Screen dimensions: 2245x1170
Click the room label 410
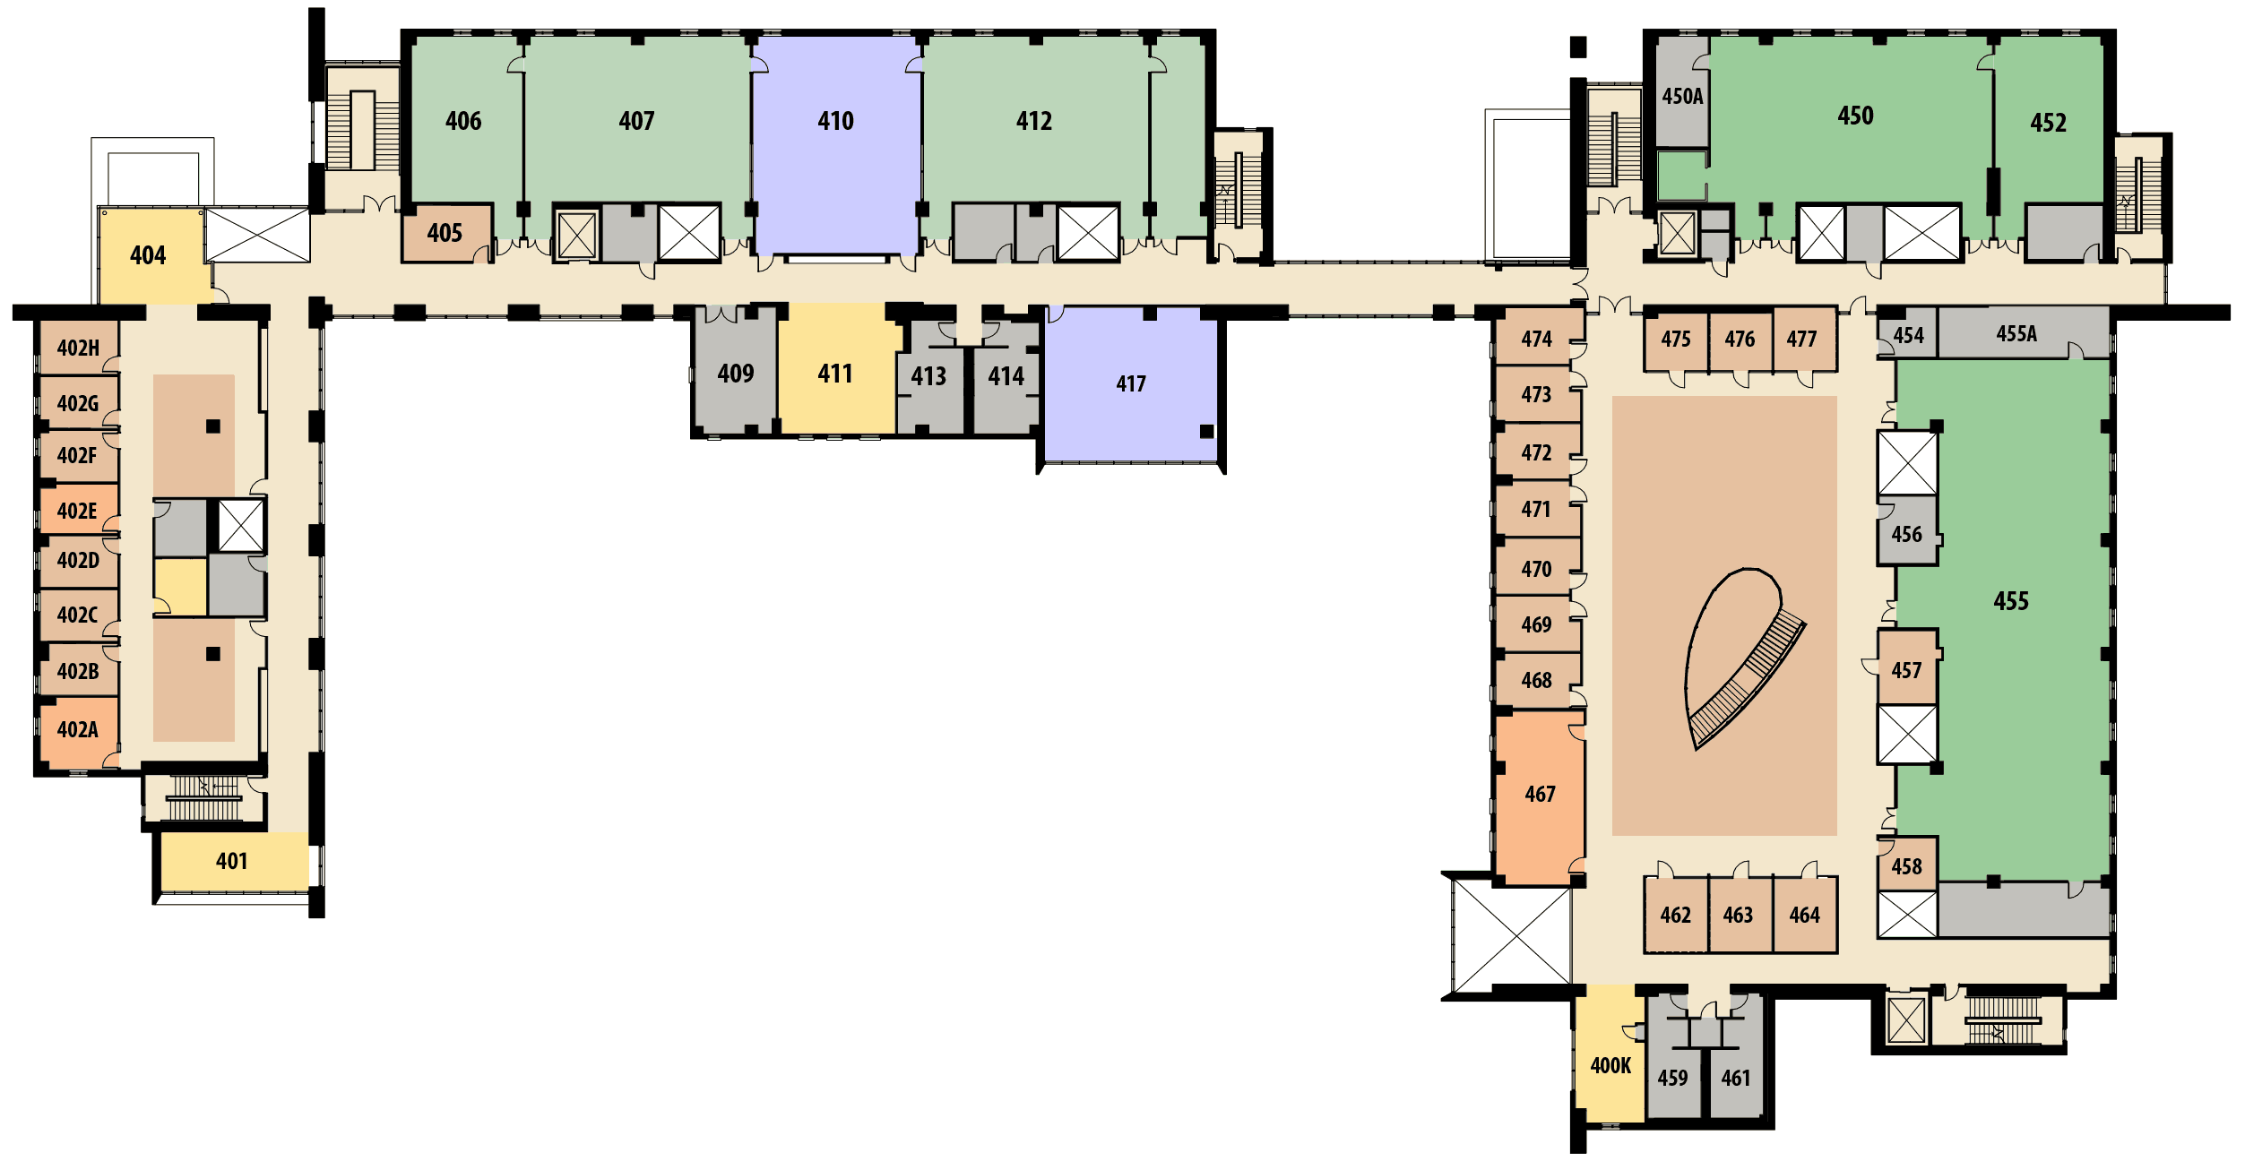pyautogui.click(x=835, y=121)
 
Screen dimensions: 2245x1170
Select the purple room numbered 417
pyautogui.click(x=1131, y=383)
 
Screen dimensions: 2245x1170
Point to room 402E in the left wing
pyautogui.click(x=79, y=510)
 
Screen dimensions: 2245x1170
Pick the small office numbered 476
pyautogui.click(x=1740, y=340)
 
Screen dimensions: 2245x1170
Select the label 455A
pyautogui.click(x=2016, y=334)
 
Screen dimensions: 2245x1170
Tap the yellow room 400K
pyautogui.click(x=1610, y=1054)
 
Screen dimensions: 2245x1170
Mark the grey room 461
pyautogui.click(x=1736, y=1066)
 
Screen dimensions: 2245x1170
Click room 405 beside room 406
pyautogui.click(x=445, y=233)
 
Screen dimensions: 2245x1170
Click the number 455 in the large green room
pyautogui.click(x=2011, y=601)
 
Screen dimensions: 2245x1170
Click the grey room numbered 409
pyautogui.click(x=735, y=373)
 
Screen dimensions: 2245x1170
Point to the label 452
pyautogui.click(x=2048, y=123)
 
